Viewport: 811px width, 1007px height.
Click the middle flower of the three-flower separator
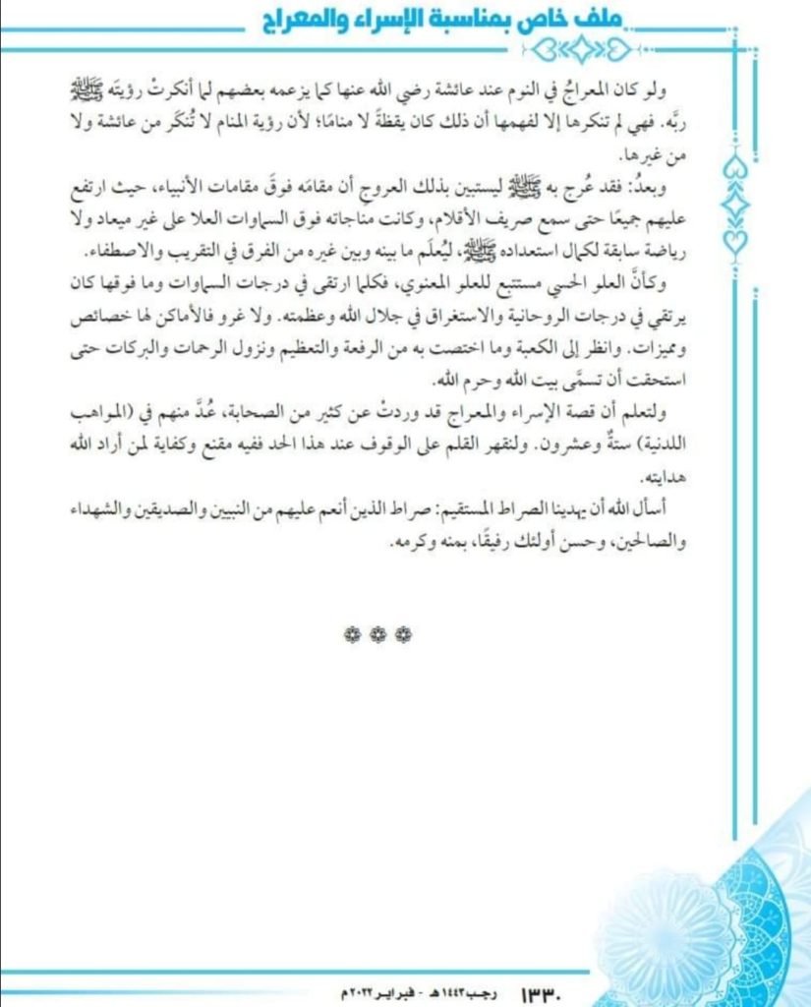[377, 636]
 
